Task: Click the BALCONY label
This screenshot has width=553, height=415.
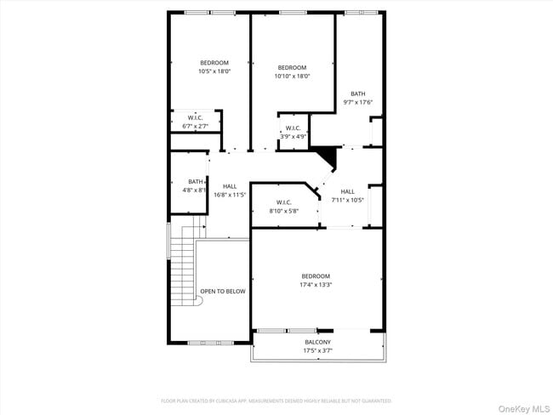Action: pyautogui.click(x=317, y=342)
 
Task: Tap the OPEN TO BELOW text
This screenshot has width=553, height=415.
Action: pyautogui.click(x=223, y=291)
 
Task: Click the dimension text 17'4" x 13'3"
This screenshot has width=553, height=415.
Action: pyautogui.click(x=315, y=285)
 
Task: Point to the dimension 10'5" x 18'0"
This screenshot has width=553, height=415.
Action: pyautogui.click(x=214, y=71)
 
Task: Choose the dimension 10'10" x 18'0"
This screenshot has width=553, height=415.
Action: pyautogui.click(x=292, y=77)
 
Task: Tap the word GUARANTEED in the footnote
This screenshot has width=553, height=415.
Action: pyautogui.click(x=374, y=401)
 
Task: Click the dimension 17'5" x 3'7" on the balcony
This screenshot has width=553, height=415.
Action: pyautogui.click(x=317, y=350)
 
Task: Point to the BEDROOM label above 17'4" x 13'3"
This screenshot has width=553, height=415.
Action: pyautogui.click(x=315, y=276)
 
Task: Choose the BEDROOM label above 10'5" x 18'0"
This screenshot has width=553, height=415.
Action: pyautogui.click(x=214, y=63)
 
